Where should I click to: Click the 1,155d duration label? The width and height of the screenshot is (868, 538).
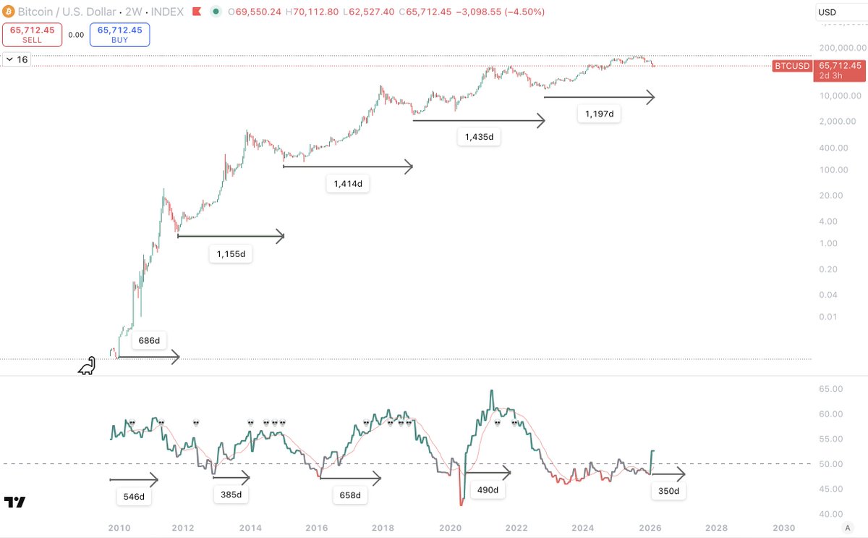pyautogui.click(x=231, y=253)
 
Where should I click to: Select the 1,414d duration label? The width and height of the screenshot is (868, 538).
pyautogui.click(x=348, y=185)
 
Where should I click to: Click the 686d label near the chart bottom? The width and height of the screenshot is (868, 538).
pyautogui.click(x=149, y=340)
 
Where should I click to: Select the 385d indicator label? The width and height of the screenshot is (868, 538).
pyautogui.click(x=231, y=495)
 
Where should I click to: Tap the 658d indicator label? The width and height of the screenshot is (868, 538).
pyautogui.click(x=349, y=496)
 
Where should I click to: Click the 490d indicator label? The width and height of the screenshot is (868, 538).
pyautogui.click(x=488, y=490)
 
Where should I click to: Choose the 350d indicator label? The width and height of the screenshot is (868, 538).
pyautogui.click(x=668, y=491)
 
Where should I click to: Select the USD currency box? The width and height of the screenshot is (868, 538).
pyautogui.click(x=839, y=12)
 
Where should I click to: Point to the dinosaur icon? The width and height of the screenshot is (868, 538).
pyautogui.click(x=87, y=366)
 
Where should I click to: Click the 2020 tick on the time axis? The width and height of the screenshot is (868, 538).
pyautogui.click(x=450, y=528)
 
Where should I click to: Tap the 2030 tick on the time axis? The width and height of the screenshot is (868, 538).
pyautogui.click(x=783, y=528)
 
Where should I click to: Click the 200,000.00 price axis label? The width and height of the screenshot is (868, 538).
pyautogui.click(x=838, y=48)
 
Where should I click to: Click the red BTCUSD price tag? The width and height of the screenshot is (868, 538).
pyautogui.click(x=793, y=65)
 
